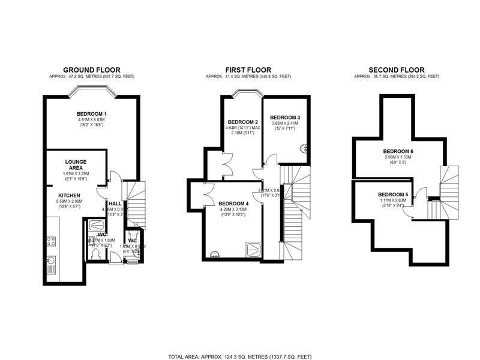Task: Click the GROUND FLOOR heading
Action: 91,70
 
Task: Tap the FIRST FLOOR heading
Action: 248,70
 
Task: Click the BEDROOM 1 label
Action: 91,114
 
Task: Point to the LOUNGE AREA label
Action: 76,165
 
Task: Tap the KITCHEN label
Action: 69,196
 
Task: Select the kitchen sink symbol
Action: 50,262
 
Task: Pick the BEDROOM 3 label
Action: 284,117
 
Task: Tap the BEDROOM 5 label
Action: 392,194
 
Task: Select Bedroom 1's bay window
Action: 91,91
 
